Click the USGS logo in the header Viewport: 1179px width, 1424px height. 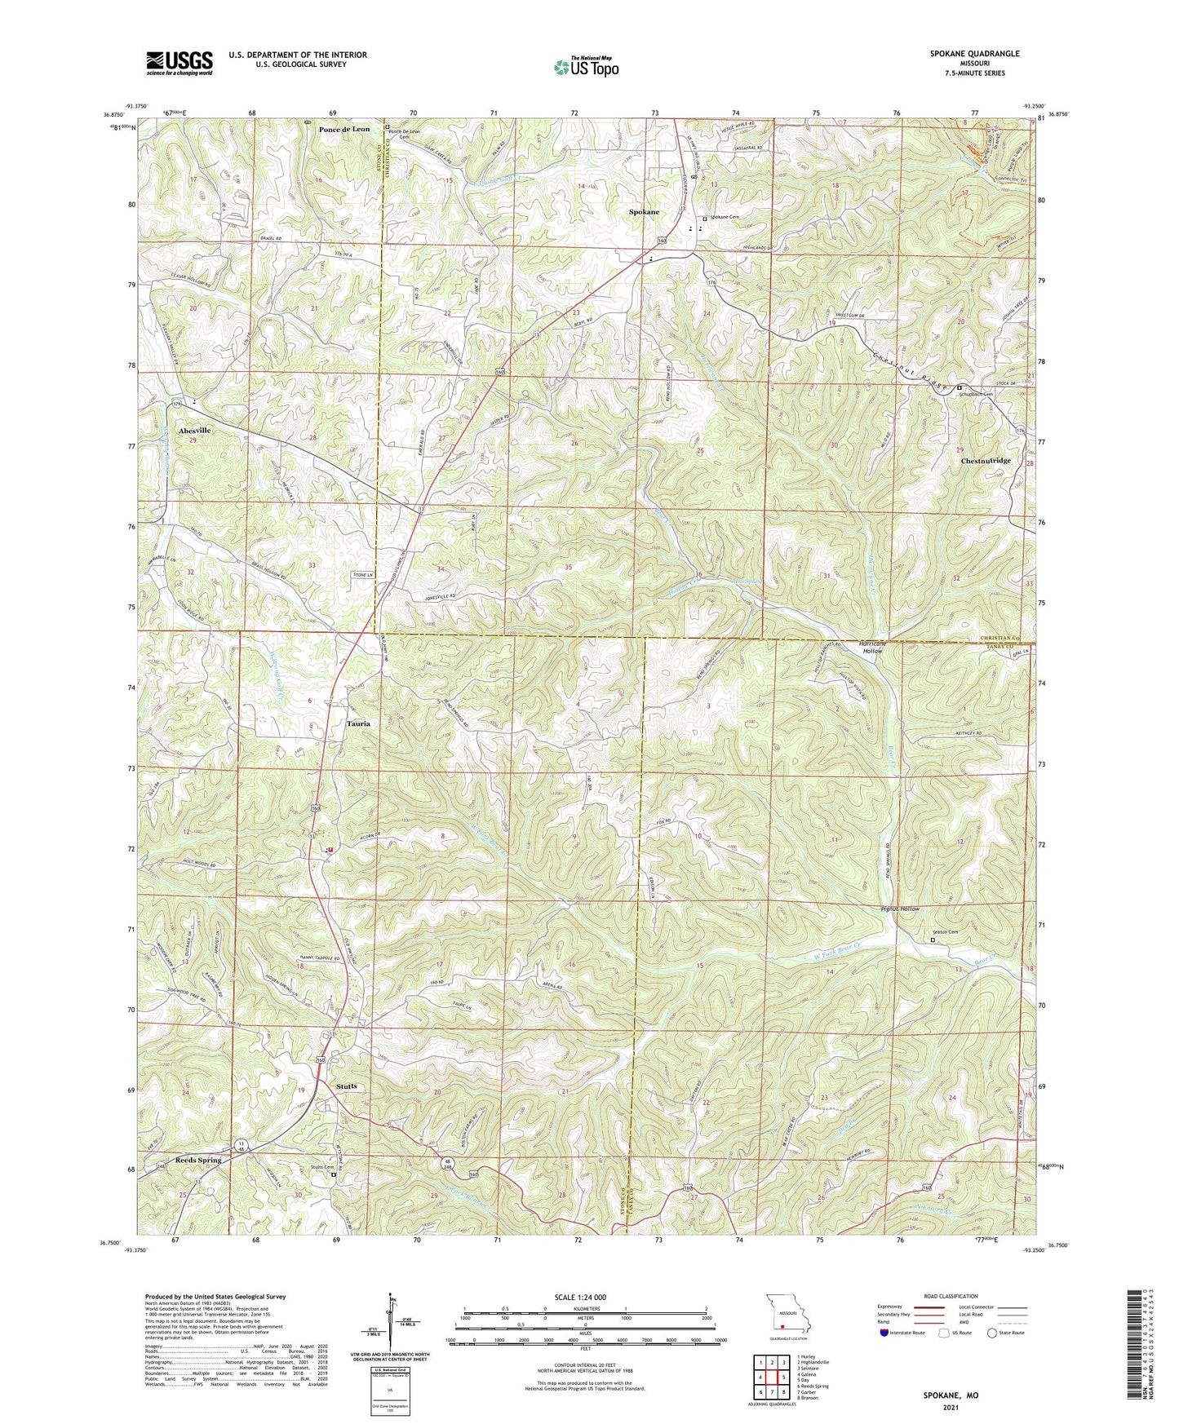point(179,63)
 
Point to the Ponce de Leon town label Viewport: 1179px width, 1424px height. point(344,130)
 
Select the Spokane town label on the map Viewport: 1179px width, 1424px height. point(644,212)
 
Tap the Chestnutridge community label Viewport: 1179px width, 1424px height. point(986,461)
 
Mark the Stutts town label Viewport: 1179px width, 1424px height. point(347,1086)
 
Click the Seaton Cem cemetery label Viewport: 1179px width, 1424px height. point(945,932)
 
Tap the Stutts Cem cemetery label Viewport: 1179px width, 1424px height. point(323,1167)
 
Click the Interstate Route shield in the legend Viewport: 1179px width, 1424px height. point(885,1333)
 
